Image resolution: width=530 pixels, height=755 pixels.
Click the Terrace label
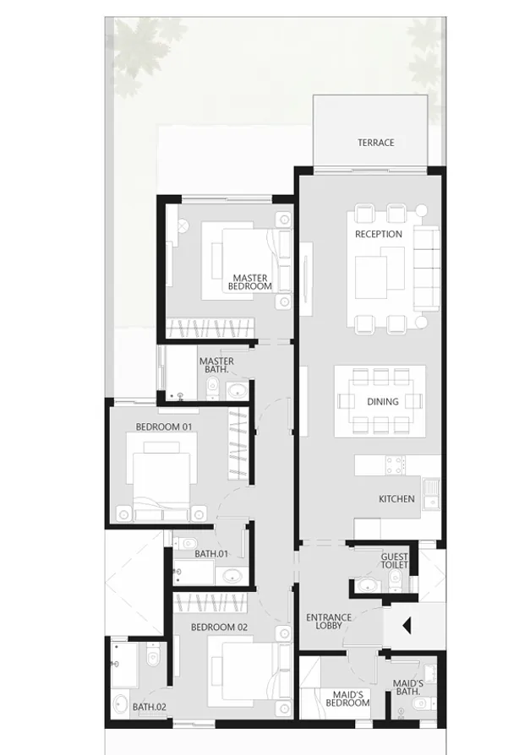(x=375, y=143)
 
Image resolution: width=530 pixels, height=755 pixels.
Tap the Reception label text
(x=378, y=234)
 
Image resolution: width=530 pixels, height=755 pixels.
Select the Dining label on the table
(x=382, y=402)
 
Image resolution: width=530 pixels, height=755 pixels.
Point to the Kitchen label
(x=396, y=499)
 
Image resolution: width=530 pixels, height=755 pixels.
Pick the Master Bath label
(x=216, y=366)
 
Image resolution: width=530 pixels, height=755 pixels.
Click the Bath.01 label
(x=211, y=554)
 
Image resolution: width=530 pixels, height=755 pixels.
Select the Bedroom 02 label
(x=219, y=627)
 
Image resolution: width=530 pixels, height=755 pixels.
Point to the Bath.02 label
(x=125, y=707)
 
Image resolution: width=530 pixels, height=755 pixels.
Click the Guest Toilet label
(x=395, y=561)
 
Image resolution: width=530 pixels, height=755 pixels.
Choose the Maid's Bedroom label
(x=347, y=698)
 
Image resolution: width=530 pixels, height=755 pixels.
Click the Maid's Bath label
(x=408, y=687)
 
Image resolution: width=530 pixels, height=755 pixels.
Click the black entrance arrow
(x=407, y=626)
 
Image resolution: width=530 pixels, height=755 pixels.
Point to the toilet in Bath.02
(x=152, y=655)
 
